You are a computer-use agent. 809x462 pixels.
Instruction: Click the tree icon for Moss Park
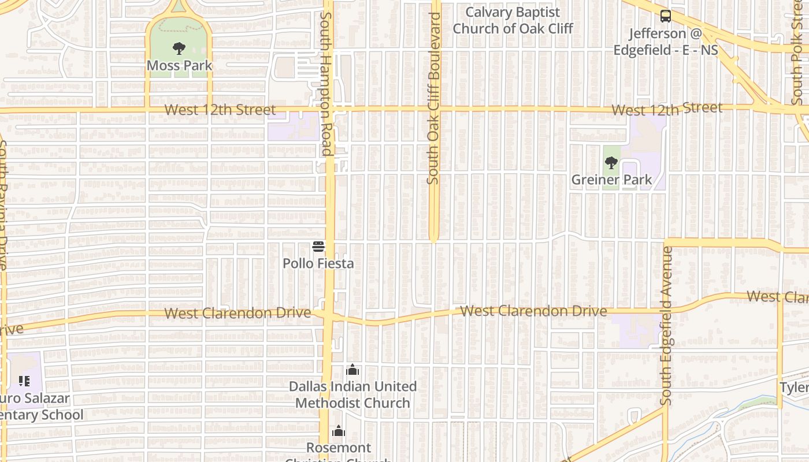179,49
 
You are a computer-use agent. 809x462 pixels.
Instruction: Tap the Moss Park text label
179,65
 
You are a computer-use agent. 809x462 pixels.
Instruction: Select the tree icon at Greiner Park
611,163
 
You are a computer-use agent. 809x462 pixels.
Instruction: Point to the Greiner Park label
611,180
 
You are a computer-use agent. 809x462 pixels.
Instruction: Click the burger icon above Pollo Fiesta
318,247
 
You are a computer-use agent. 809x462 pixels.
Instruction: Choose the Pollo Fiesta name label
318,263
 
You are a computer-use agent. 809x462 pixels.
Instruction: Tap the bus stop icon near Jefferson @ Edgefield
666,16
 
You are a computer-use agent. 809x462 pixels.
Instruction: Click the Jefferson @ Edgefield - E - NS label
666,42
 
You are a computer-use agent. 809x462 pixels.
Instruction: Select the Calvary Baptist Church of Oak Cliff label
513,20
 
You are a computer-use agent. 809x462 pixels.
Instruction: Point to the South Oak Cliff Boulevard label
433,98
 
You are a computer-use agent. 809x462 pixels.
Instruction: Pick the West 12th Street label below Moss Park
220,110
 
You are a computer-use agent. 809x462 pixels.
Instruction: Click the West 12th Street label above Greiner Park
667,109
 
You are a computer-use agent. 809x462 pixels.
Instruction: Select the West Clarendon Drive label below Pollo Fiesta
237,313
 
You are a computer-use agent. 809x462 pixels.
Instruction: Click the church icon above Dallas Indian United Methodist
352,370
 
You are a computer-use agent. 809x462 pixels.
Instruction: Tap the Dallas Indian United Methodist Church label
352,394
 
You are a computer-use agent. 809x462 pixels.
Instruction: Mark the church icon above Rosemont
339,431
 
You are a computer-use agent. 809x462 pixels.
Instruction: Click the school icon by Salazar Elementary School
24,381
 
